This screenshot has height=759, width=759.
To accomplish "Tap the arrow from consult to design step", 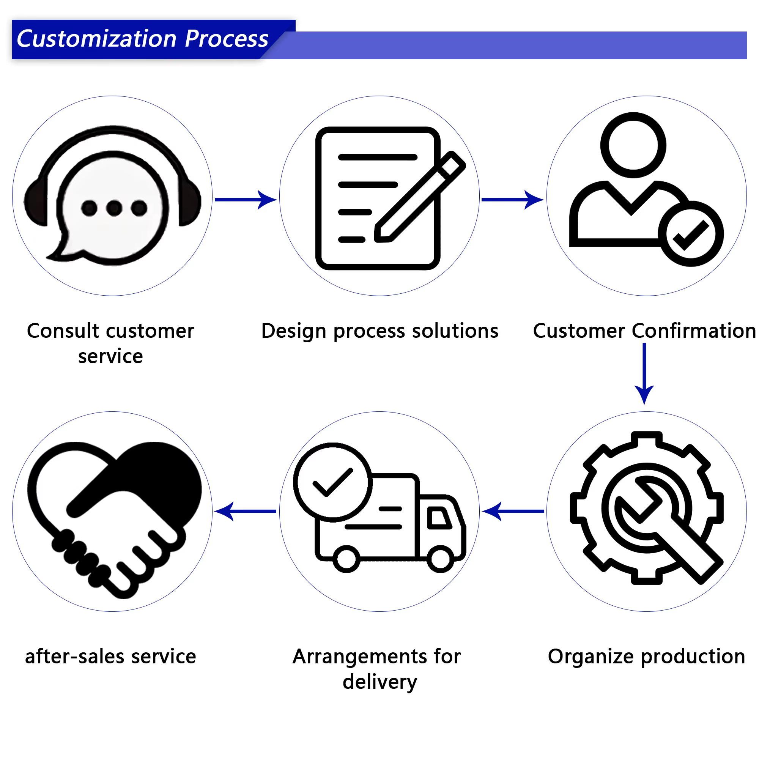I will coord(246,200).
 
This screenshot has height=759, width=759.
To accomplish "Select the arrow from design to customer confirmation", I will coord(512,200).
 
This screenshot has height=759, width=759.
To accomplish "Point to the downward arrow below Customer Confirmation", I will coord(644,373).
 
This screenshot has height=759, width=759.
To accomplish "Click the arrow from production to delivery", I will coord(513,511).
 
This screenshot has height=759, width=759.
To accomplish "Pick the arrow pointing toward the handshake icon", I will coord(246,511).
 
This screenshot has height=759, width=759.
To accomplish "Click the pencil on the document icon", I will coord(420,197).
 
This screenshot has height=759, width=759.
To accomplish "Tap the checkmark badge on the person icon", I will coord(691,234).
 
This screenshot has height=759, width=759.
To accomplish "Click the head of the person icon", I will coord(633,145).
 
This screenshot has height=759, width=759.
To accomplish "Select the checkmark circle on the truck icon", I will coord(332,482).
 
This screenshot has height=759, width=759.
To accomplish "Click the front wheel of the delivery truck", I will coord(440,558).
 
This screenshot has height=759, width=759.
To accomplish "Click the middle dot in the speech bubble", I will coord(114,208).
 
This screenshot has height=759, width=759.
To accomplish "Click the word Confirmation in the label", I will coord(693,331).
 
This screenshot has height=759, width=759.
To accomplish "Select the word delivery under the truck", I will coord(379,682).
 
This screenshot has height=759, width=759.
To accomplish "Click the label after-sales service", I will coord(110,657).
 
